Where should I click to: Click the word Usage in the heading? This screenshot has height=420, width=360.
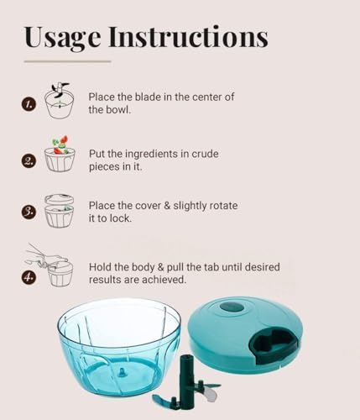coord(63,38)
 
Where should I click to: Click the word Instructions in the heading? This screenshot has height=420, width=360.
coord(189,36)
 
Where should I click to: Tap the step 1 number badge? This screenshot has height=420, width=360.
coord(29,104)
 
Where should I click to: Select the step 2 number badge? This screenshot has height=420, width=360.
coord(29,161)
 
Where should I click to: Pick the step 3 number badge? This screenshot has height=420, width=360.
coord(29,212)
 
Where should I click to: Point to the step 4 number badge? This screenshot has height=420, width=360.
coord(29,277)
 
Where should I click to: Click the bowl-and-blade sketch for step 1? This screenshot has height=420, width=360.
coord(60,101)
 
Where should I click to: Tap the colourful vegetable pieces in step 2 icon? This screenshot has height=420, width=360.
coord(60,145)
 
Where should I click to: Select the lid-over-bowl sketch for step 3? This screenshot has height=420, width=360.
coord(60,211)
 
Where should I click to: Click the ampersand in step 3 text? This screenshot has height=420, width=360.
coord(167,206)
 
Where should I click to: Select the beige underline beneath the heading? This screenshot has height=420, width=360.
coord(67,61)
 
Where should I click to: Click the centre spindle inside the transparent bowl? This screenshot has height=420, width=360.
coord(123,372)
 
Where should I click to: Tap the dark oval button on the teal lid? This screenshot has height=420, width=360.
coord(232,307)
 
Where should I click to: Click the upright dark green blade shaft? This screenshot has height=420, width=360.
coord(186,380)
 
